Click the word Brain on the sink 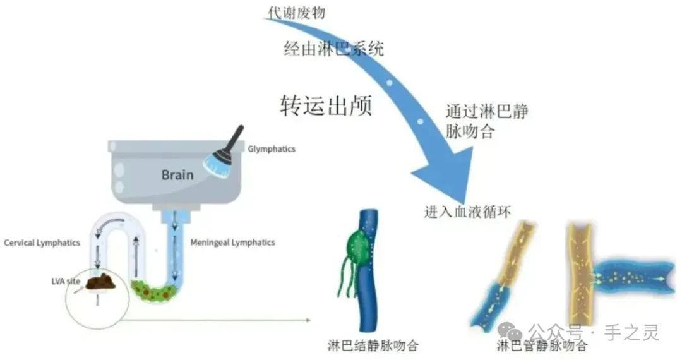click(x=177, y=175)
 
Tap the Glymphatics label click(x=272, y=149)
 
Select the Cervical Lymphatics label click(x=42, y=243)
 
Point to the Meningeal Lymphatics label click(x=232, y=242)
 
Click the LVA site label click(x=66, y=281)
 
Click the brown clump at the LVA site click(x=100, y=281)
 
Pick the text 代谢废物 click(x=296, y=12)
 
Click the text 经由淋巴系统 click(x=333, y=48)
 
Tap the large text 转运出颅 click(x=326, y=105)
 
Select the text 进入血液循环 click(x=467, y=212)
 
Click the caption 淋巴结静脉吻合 click(x=373, y=345)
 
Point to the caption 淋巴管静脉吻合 click(x=542, y=345)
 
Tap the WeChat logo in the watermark click(x=510, y=332)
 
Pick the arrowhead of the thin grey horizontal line click(x=308, y=320)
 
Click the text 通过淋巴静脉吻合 click(x=486, y=121)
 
